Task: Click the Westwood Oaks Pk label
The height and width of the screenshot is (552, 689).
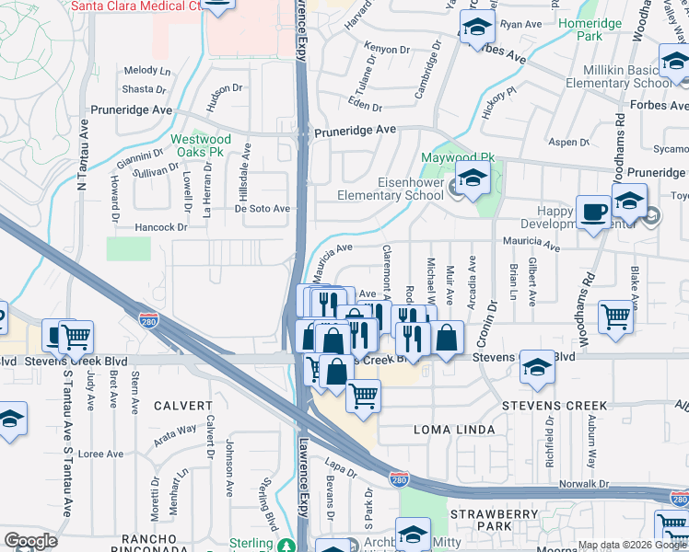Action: tap(201, 146)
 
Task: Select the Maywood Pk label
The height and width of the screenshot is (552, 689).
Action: tap(458, 158)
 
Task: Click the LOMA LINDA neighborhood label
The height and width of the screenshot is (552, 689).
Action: tap(454, 430)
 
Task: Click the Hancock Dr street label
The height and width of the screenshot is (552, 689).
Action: tap(160, 226)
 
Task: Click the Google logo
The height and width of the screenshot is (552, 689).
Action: tap(30, 541)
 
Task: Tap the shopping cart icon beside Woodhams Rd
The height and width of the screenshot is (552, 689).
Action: tap(615, 316)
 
